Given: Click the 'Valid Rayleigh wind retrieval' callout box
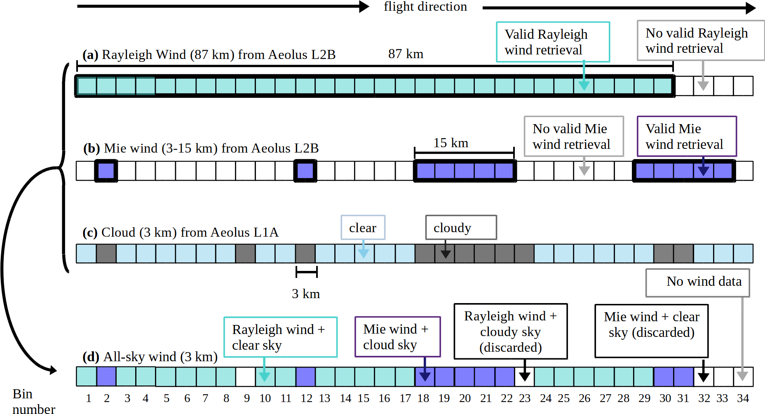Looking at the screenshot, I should click(x=553, y=42).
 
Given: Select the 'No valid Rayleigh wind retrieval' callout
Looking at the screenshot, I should click(x=700, y=40).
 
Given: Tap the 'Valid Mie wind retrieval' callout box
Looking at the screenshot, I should click(x=687, y=136).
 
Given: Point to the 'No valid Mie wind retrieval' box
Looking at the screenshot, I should click(x=574, y=136).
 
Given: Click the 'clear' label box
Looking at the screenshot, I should click(x=363, y=228).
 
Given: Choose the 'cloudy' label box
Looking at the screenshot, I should click(x=461, y=228).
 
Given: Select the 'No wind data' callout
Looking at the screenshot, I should click(x=697, y=282).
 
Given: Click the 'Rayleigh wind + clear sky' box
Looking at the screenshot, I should click(x=280, y=337).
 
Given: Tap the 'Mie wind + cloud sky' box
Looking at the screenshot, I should click(x=397, y=336).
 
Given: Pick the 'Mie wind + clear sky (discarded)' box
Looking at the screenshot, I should click(x=651, y=331).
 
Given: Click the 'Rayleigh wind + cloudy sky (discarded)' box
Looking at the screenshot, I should click(x=510, y=332).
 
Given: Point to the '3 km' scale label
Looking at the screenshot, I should click(x=306, y=294).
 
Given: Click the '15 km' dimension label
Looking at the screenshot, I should click(x=451, y=143).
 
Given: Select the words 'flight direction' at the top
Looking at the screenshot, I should click(x=425, y=7).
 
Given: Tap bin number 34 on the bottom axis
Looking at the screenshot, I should click(x=743, y=398).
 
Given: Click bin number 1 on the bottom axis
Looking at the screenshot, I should click(x=88, y=398).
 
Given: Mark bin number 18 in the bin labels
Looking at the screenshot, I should click(x=423, y=398).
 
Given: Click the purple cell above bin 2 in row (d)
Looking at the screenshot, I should click(x=106, y=376).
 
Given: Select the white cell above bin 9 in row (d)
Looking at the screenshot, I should click(x=246, y=376).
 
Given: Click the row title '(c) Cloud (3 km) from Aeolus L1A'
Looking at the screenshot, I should click(x=181, y=233).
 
